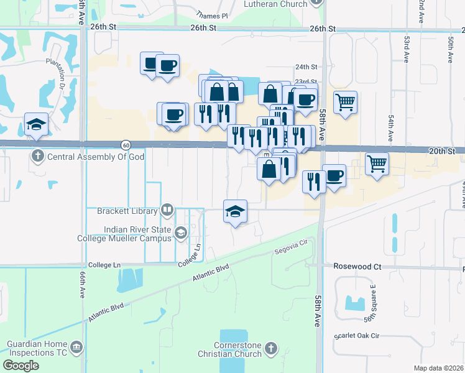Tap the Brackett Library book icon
pyautogui.click(x=167, y=211)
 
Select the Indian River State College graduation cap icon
pyautogui.click(x=181, y=233)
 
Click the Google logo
pyautogui.click(x=21, y=366)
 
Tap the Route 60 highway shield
pyautogui.click(x=126, y=144)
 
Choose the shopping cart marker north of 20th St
pyautogui.click(x=346, y=101)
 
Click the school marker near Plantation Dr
pyautogui.click(x=36, y=123)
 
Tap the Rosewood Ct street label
pyautogui.click(x=357, y=266)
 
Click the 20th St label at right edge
pyautogui.click(x=442, y=151)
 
